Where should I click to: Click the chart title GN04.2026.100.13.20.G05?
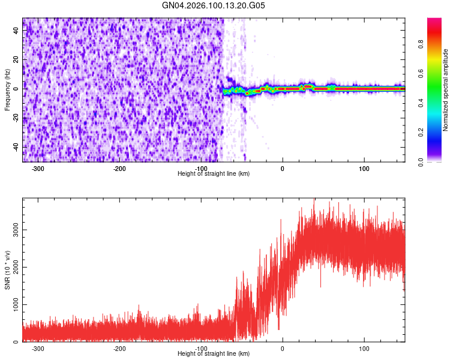(214, 6)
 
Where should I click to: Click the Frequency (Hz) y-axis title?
(7, 90)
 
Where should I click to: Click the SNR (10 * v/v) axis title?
(7, 270)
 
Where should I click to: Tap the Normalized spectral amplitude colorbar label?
(446, 90)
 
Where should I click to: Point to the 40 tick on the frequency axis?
(16, 31)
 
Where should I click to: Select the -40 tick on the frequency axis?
(15, 147)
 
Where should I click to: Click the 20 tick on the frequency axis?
(16, 59)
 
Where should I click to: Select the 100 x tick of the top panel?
(364, 169)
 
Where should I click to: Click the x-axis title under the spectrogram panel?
(214, 174)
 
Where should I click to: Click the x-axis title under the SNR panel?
(214, 353)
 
